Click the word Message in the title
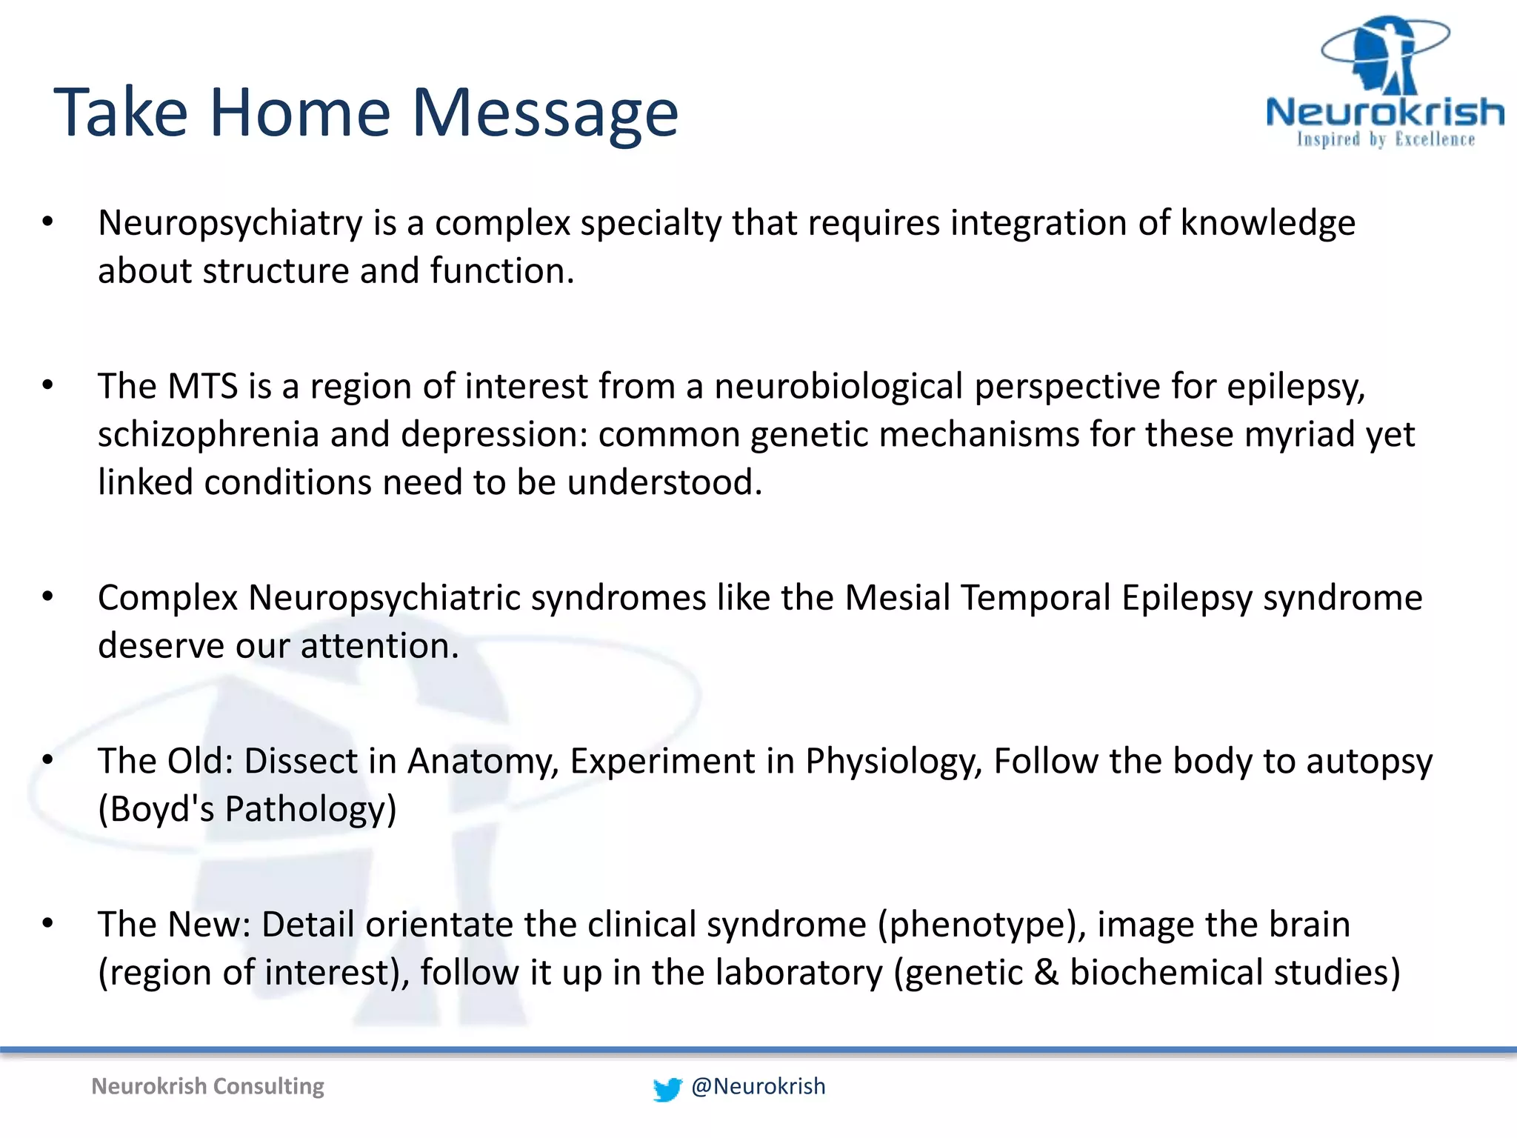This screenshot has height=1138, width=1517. (544, 113)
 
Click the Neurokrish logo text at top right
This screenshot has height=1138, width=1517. (1384, 113)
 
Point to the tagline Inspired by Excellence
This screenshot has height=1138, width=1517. (1385, 139)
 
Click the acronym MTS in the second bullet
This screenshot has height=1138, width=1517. (202, 387)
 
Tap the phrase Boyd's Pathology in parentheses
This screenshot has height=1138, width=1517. (247, 809)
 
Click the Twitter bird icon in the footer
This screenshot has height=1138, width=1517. (667, 1089)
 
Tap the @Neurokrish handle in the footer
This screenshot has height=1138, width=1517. (758, 1087)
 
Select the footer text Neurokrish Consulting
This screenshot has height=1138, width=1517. (207, 1087)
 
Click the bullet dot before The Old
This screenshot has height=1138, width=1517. (48, 760)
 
